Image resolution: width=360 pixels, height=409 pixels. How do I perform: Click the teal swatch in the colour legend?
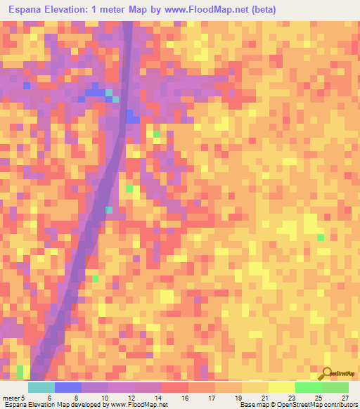coord(41,387)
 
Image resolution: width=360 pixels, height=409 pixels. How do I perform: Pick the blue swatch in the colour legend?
coord(67,387)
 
